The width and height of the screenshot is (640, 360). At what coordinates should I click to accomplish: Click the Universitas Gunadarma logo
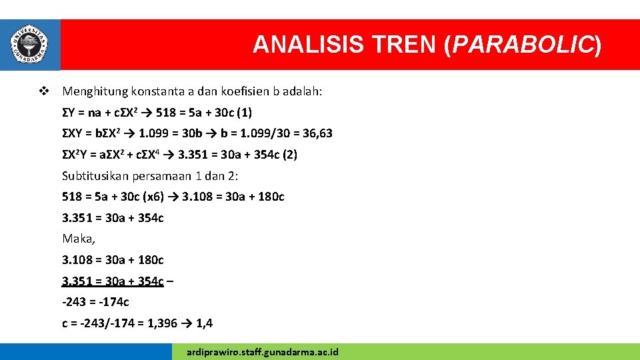point(30,44)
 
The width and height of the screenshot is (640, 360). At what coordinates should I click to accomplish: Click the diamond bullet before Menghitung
point(44,91)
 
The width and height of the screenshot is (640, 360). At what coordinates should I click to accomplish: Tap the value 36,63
point(317,133)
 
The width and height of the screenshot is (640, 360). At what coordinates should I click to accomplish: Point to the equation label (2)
point(289,155)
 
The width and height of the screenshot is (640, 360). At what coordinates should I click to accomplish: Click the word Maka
point(78,238)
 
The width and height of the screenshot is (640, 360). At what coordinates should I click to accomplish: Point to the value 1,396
point(162,323)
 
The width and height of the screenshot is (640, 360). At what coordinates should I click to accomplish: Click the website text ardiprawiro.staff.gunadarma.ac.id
point(263,351)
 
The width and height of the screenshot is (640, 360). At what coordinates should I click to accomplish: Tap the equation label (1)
point(243,112)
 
